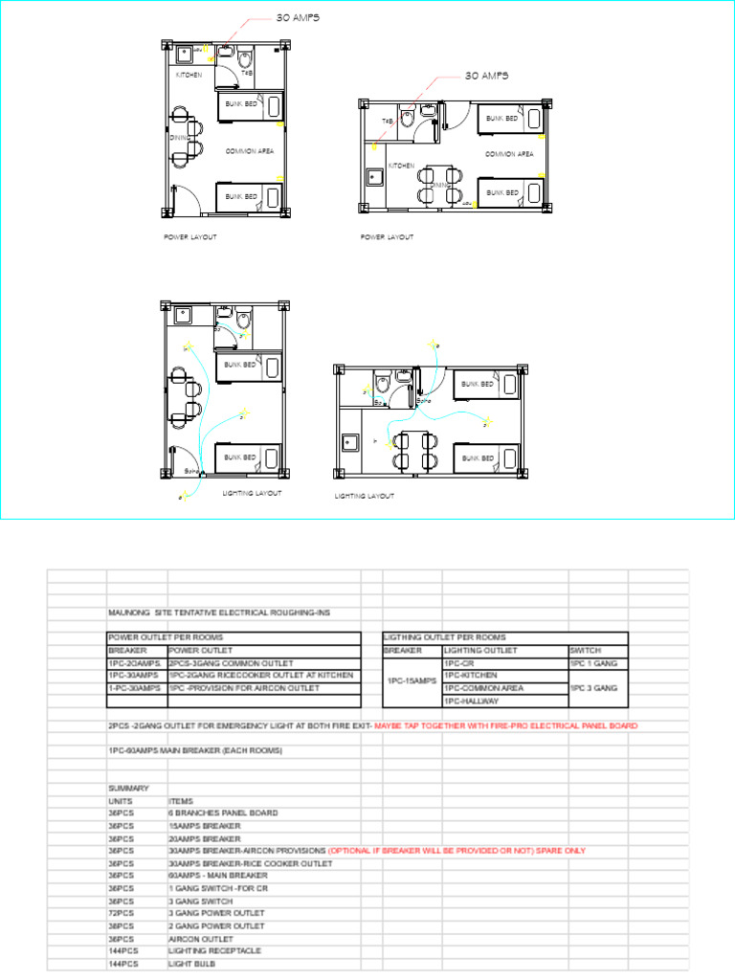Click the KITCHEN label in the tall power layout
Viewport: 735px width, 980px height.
189,75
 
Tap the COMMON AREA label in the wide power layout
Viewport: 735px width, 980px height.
508,154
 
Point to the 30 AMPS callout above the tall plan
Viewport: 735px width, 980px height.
298,18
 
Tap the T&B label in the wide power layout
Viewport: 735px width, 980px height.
388,122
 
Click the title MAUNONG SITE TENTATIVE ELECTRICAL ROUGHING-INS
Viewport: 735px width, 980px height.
221,612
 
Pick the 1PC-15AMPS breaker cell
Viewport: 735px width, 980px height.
412,681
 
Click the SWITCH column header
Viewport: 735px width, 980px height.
585,650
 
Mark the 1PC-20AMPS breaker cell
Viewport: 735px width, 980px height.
134,662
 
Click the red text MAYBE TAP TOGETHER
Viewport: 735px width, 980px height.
506,725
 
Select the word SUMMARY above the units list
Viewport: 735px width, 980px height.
128,789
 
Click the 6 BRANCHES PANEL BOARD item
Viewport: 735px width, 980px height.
223,813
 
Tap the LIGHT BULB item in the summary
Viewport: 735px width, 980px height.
191,964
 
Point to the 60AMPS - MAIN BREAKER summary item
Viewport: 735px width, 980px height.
217,876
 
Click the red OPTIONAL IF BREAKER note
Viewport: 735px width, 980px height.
457,851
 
